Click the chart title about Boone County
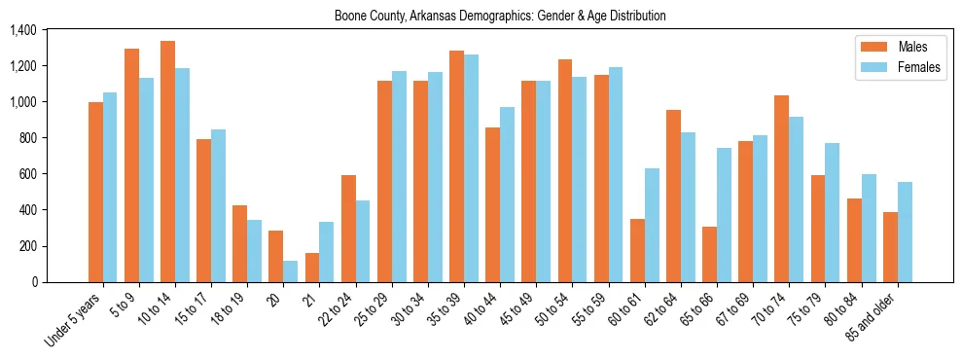500,16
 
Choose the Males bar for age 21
311,268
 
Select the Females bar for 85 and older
904,232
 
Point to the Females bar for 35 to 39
471,168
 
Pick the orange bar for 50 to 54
564,170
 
